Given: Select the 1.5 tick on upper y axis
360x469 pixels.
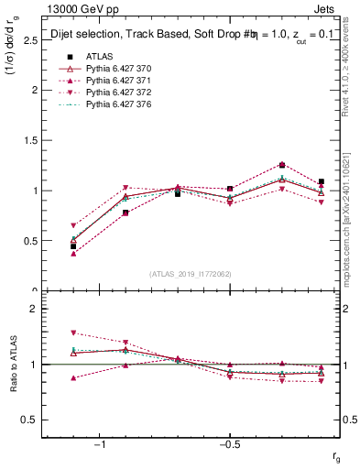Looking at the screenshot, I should [x=29, y=140].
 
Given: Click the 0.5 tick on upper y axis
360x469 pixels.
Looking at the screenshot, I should [x=29, y=241].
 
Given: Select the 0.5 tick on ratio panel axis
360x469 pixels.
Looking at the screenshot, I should [x=29, y=420].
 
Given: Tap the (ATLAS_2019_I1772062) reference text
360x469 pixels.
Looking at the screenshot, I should [x=190, y=274].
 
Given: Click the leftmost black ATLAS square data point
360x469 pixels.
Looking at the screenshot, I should [x=73, y=246].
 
